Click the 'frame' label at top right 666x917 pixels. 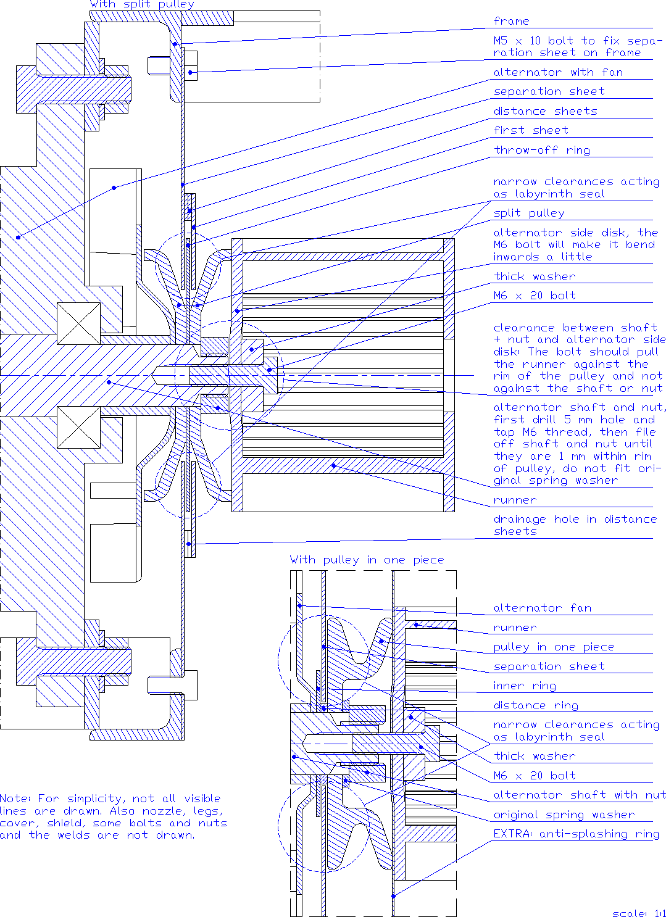tap(511, 22)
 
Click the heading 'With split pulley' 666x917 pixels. tap(141, 4)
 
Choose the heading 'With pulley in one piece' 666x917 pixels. tap(367, 560)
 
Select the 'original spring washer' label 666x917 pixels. tap(564, 815)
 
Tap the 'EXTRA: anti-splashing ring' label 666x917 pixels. tap(576, 834)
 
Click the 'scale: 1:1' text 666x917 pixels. tap(638, 913)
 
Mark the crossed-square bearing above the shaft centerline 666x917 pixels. tap(78, 323)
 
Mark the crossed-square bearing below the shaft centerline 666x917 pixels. tap(78, 427)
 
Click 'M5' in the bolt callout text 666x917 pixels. tap(501, 41)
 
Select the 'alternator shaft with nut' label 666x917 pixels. tap(579, 795)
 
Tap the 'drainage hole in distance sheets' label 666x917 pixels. tap(575, 525)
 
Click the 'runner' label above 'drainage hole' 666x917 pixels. tap(515, 500)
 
